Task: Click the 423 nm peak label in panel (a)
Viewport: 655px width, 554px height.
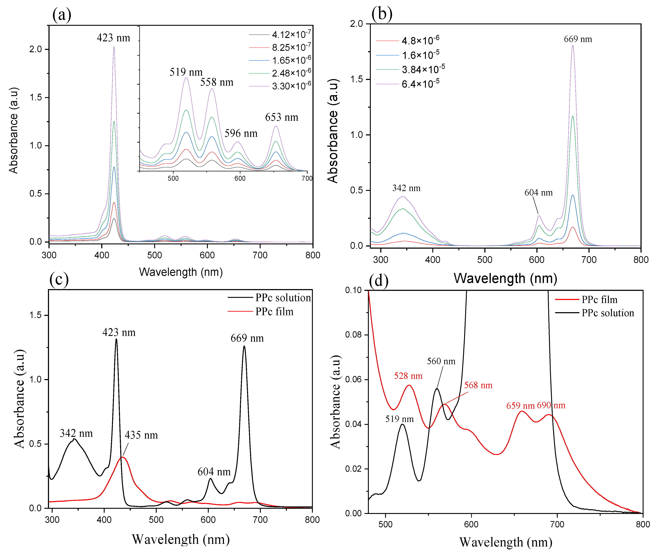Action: coord(113,38)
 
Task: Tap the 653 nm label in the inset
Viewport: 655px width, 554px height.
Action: coord(282,118)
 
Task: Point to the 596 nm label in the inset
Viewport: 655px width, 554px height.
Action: coord(241,133)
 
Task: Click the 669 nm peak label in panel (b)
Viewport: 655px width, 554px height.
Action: coord(578,39)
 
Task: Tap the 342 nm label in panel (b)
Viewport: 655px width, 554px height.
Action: coord(406,188)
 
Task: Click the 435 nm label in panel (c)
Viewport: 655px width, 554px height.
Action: coord(141,435)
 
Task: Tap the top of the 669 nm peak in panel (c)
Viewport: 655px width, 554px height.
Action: coord(244,346)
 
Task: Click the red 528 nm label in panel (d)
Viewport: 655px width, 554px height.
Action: coord(408,376)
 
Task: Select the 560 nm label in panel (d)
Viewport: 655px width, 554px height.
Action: coord(441,361)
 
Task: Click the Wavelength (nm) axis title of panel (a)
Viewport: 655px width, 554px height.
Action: coord(181,272)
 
